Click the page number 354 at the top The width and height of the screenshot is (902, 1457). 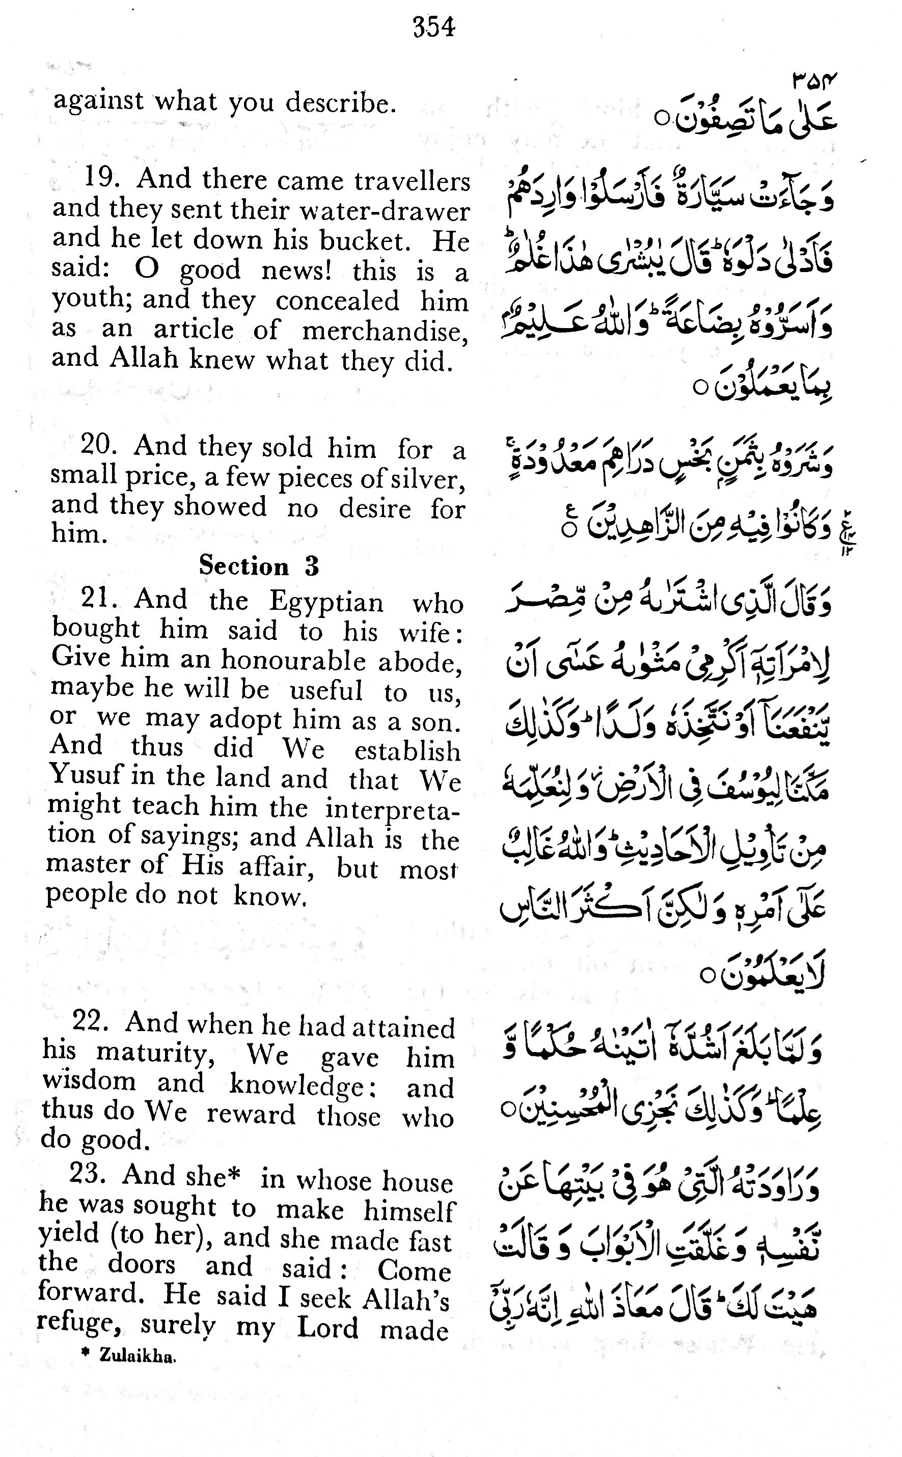point(434,28)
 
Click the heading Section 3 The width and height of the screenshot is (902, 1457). point(259,565)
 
